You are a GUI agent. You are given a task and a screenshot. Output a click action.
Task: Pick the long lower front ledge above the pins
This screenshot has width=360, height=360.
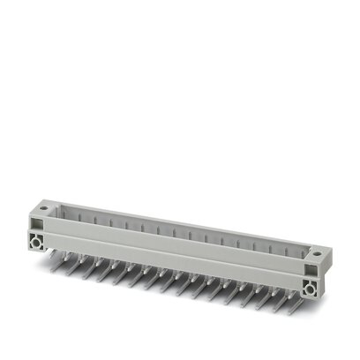[x=176, y=266]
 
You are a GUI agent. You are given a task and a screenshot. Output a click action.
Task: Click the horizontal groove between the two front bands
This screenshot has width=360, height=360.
[x=176, y=256]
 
